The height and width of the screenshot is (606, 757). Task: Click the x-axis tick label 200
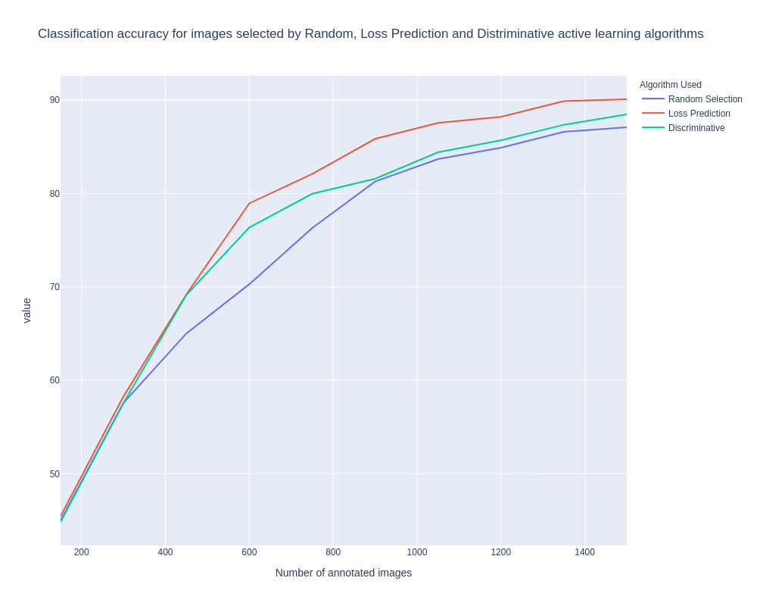81,552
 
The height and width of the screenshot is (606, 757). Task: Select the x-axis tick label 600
249,552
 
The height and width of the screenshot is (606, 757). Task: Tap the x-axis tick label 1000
417,552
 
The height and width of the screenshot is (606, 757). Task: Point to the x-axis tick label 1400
584,552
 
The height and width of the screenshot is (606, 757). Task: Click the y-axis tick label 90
55,100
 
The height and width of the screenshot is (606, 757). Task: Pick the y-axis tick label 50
55,474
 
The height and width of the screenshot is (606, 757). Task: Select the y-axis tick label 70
55,287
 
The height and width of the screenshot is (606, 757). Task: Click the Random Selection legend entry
705,99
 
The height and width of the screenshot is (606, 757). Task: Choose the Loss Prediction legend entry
699,114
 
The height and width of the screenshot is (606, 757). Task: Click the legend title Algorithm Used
670,85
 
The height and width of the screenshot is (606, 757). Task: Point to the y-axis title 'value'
26,311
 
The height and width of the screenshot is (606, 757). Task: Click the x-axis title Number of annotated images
344,573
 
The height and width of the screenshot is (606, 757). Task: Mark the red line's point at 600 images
249,204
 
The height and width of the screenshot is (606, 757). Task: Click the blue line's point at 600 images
249,284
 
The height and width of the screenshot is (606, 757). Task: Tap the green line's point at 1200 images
500,140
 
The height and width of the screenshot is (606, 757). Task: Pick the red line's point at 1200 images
500,117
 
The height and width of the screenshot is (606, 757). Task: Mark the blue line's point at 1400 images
584,130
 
